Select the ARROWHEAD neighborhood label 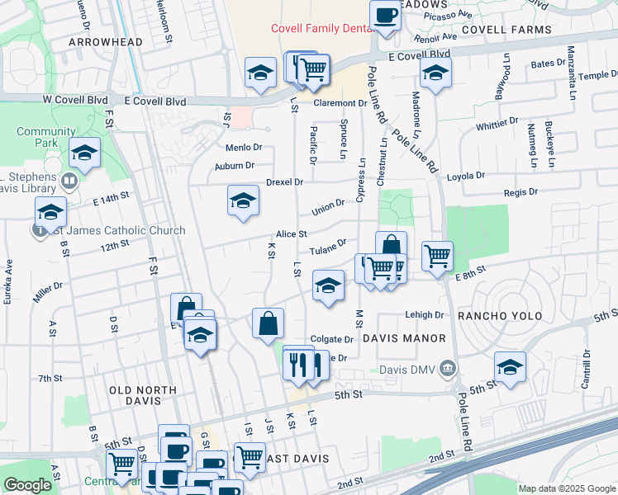click(105, 41)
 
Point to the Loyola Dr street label click(466, 176)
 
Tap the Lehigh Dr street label click(425, 314)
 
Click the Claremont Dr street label click(340, 103)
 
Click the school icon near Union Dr click(243, 200)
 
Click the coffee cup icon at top click(385, 15)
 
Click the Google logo click(27, 485)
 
